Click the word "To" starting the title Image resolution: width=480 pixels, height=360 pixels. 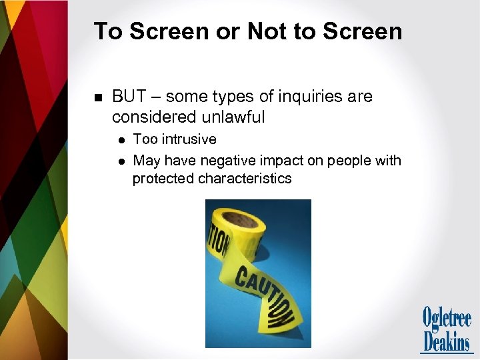[106, 31]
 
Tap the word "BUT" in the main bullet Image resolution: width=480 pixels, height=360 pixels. [129, 97]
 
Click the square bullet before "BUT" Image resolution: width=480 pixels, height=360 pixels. [97, 97]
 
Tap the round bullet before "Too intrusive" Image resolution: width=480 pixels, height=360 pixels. [121, 140]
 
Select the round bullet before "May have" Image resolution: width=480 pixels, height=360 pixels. [121, 161]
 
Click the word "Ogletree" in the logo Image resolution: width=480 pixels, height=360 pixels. [446, 319]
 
